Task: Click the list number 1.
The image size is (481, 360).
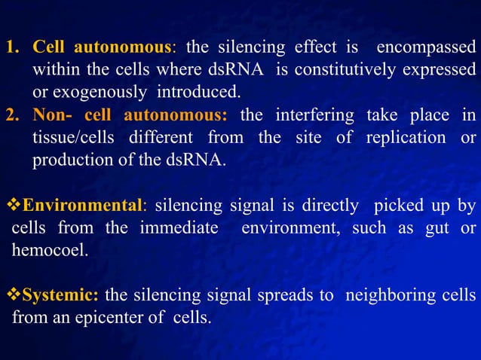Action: point(11,47)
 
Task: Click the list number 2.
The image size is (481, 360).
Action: point(11,115)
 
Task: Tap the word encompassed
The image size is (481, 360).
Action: point(426,47)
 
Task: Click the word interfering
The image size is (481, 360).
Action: point(310,115)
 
